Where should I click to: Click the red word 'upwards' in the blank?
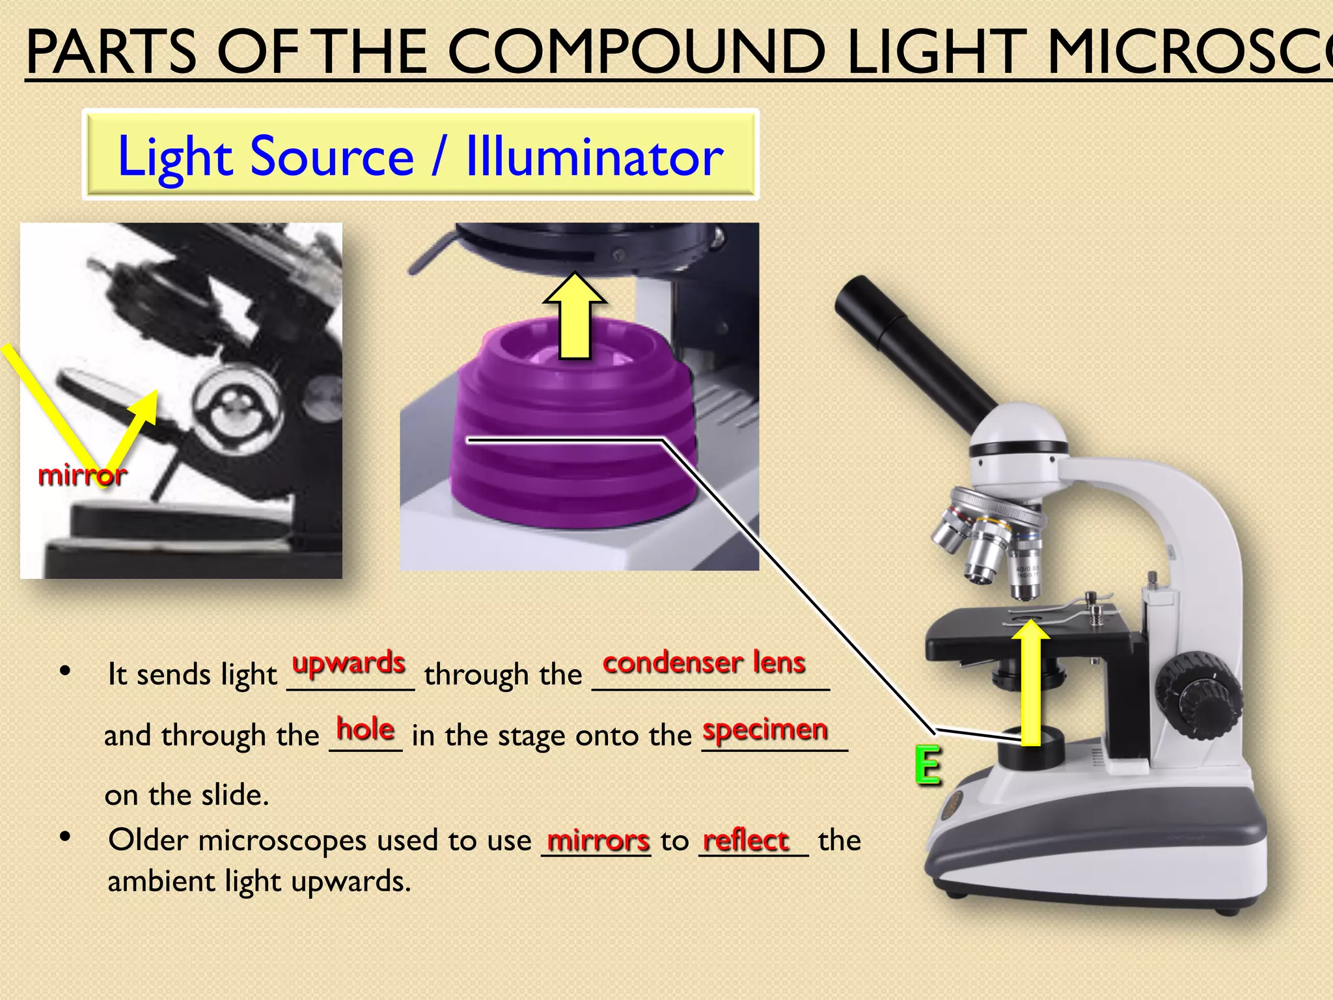point(349,663)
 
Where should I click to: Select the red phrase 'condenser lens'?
point(704,663)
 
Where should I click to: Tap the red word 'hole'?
point(365,729)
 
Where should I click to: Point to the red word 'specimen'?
point(765,730)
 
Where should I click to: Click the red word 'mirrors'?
point(598,840)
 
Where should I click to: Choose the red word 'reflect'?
point(746,840)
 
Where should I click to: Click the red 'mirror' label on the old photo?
point(82,475)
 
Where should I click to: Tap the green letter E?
point(928,766)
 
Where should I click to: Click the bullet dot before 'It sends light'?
point(64,671)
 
